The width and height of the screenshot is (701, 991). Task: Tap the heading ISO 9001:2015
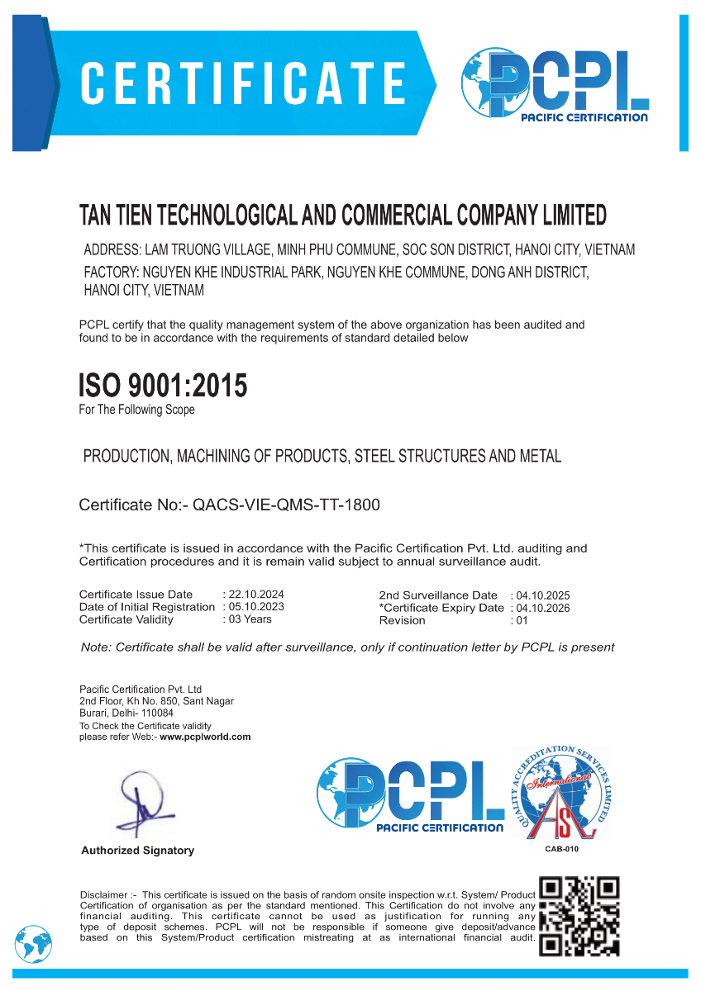coord(163,386)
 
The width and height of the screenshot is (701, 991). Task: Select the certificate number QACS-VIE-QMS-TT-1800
coord(286,505)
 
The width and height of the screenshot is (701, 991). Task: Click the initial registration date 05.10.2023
coord(256,607)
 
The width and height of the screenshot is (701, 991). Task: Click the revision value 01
coord(521,620)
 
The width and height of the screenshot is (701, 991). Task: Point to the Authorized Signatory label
coord(137,851)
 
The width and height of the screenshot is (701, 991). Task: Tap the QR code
coord(579,916)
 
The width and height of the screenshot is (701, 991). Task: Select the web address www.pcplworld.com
coord(205,737)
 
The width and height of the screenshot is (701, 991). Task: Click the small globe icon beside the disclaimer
coord(33,943)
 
